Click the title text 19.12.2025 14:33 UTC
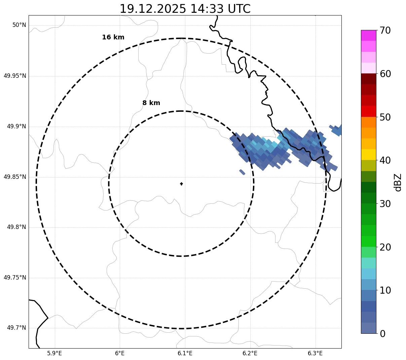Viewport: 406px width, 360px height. [x=185, y=9]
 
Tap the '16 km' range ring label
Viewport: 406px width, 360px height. [x=113, y=37]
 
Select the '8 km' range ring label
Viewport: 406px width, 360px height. [x=151, y=103]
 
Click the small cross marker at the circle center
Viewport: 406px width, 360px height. [x=181, y=184]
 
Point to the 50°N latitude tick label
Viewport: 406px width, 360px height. [x=19, y=25]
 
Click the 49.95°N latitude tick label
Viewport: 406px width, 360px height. [x=15, y=76]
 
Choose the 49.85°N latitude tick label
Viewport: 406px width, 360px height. [x=15, y=177]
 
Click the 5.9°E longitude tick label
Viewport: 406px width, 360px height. [x=54, y=353]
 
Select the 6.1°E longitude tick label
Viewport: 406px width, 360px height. [x=185, y=353]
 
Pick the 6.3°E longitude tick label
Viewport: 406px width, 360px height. [x=315, y=353]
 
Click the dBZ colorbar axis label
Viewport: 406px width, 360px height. [x=398, y=182]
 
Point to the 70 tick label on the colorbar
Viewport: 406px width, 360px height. [x=385, y=30]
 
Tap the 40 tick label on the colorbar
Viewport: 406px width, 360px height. [x=385, y=160]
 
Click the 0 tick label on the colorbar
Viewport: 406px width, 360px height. [x=383, y=334]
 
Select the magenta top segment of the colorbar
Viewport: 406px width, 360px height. [x=368, y=35]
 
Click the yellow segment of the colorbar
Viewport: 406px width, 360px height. [x=368, y=155]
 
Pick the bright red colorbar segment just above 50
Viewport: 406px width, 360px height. [x=368, y=111]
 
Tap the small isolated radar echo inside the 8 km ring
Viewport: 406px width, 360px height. [x=242, y=172]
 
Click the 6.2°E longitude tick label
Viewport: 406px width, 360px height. [x=250, y=353]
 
